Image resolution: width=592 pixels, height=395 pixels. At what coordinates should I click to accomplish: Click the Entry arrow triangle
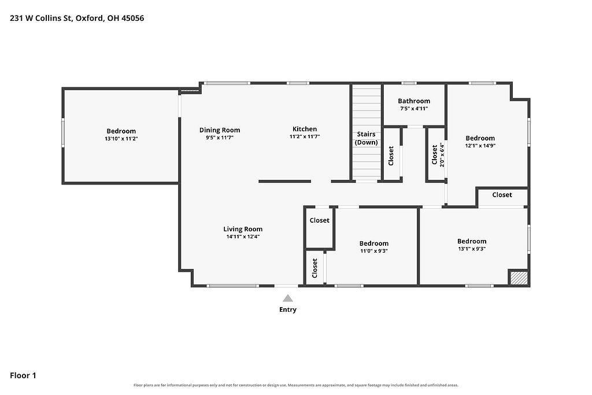click(288, 298)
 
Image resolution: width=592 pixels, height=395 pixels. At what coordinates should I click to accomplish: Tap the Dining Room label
click(220, 130)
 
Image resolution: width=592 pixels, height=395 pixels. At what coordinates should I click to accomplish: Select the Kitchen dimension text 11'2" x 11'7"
click(305, 136)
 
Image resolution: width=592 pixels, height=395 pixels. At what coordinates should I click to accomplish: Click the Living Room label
click(243, 229)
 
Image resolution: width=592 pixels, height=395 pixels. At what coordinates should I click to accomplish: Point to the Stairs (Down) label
click(366, 138)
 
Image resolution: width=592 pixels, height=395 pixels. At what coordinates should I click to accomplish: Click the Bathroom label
click(414, 101)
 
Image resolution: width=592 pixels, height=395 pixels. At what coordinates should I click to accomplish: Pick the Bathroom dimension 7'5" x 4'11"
click(414, 109)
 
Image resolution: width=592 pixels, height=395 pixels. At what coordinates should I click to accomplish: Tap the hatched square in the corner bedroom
click(518, 278)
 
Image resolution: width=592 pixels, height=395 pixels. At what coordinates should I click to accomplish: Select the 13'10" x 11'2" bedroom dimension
click(121, 139)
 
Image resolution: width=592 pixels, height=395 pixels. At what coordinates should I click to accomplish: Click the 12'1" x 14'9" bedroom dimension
click(480, 146)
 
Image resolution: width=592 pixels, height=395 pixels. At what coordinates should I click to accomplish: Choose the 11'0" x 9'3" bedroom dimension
click(374, 251)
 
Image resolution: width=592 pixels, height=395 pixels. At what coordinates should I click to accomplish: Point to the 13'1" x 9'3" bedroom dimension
click(472, 249)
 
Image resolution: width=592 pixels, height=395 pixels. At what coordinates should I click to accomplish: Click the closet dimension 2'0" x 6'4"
click(442, 155)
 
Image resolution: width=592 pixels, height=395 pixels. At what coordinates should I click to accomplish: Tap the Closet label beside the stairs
click(391, 156)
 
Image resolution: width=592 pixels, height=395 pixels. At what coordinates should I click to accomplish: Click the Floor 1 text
click(23, 375)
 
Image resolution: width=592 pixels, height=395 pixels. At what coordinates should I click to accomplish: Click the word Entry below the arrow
click(288, 309)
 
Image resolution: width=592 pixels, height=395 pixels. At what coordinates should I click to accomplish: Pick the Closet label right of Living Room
click(319, 220)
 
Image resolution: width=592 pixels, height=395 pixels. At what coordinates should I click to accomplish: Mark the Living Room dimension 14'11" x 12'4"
click(243, 237)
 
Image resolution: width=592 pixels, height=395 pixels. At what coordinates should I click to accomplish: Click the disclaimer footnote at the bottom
click(296, 385)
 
